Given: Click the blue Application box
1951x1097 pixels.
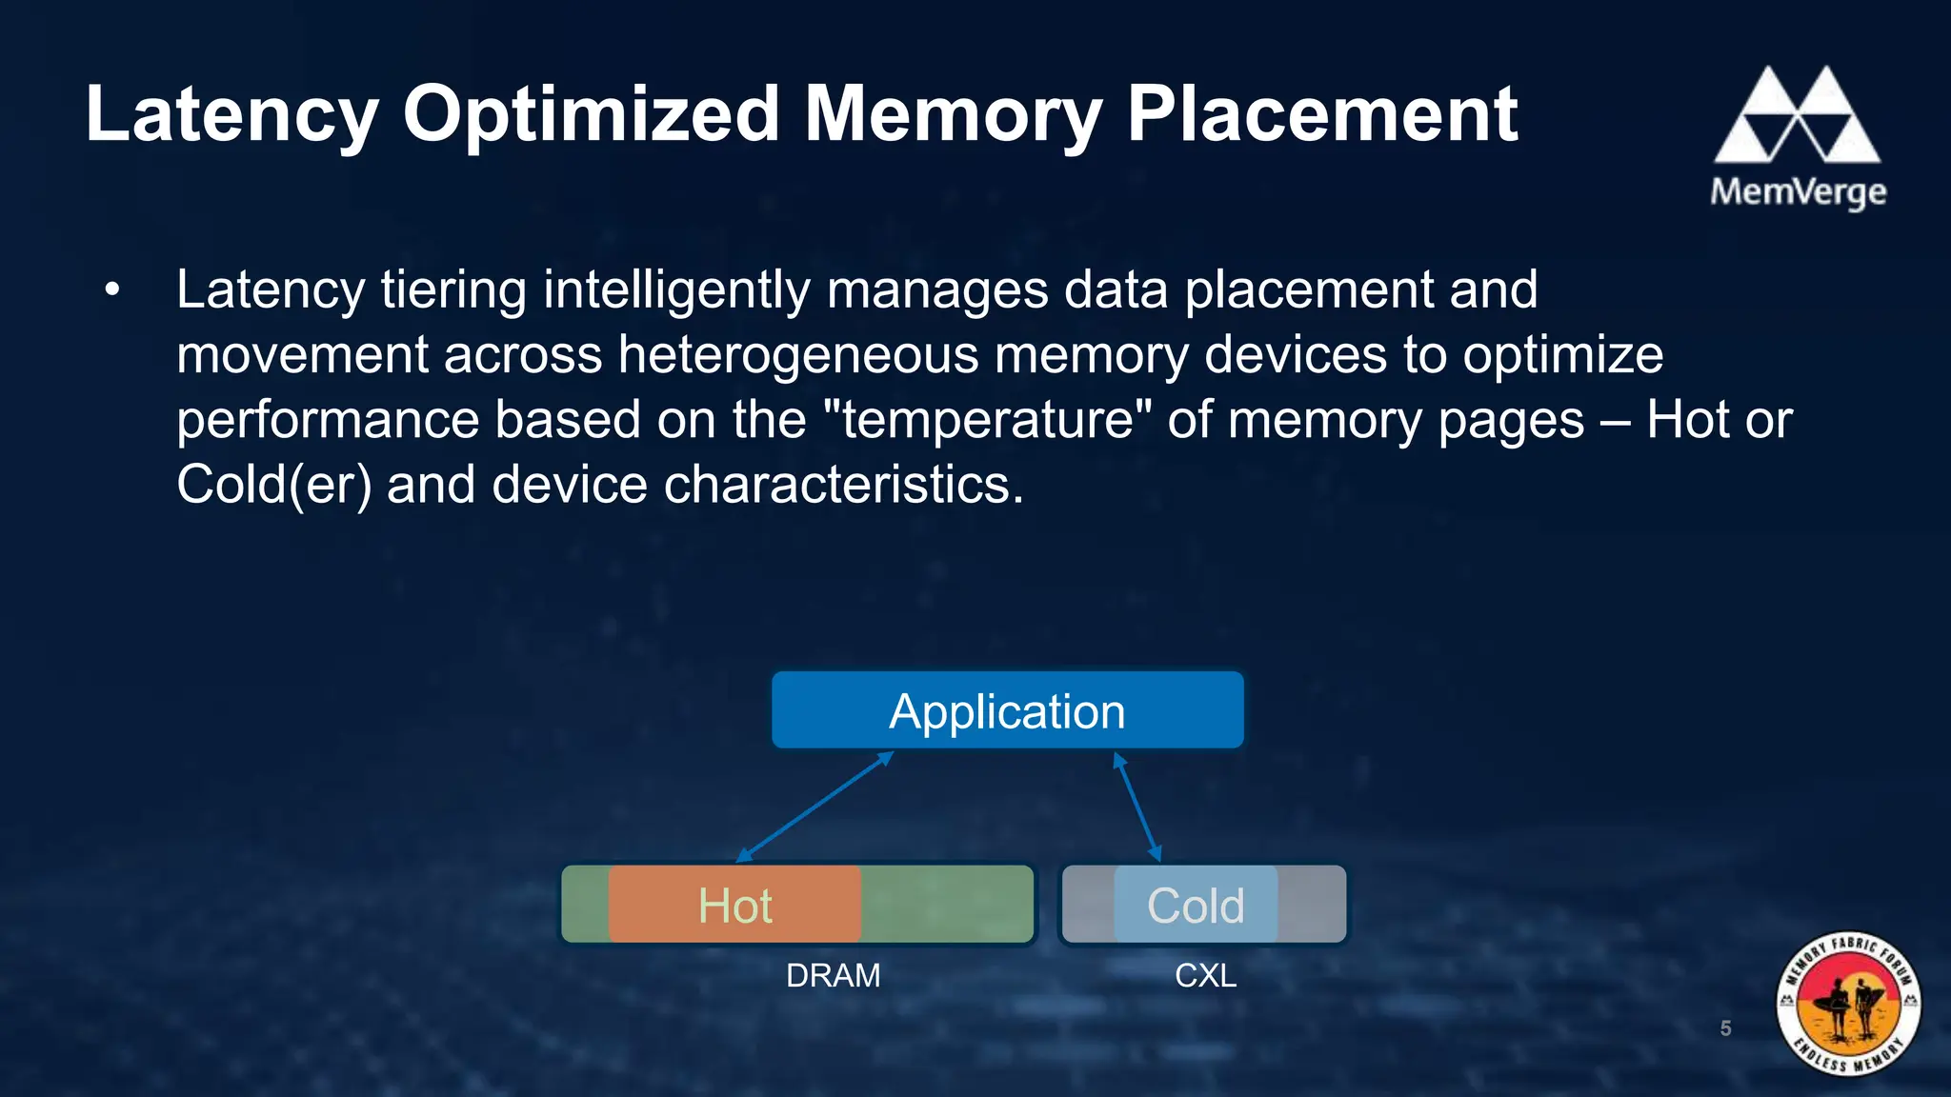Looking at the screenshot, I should coord(1007,710).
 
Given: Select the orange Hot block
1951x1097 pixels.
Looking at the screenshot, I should coord(734,905).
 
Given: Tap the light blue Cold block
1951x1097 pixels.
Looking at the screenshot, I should coord(1196,905).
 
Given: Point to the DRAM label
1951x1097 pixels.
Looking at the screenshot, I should coord(833,976).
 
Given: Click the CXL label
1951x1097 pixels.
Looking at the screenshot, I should coord(1205,976).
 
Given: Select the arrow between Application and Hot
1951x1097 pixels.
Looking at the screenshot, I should coord(815,807).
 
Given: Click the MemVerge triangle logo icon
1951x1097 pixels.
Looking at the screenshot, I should coord(1797,115).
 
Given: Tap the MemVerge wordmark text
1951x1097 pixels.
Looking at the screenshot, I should coord(1798,192).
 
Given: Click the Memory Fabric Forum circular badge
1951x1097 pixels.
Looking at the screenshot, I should coord(1848,1004).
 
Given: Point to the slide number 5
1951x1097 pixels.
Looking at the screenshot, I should coord(1725,1028).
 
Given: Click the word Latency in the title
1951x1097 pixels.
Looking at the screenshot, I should coord(231,114).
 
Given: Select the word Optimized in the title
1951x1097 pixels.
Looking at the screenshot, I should coord(591,114).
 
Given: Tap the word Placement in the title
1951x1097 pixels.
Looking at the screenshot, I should coord(1322,114).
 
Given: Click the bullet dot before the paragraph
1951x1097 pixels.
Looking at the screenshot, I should coord(112,289).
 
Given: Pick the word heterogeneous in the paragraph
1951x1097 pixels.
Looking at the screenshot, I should coord(798,355).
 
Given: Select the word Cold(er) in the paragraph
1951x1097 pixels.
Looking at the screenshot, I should coord(273,485).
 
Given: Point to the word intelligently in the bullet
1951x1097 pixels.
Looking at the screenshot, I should coord(676,290).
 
